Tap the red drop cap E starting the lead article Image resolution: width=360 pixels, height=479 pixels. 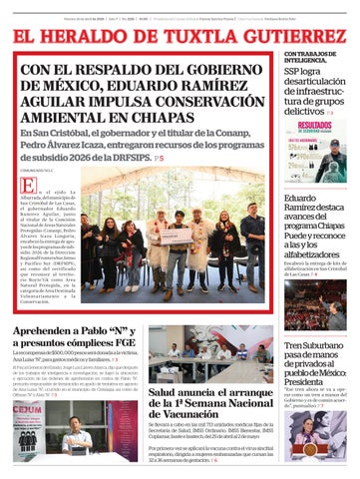tap(30, 187)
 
